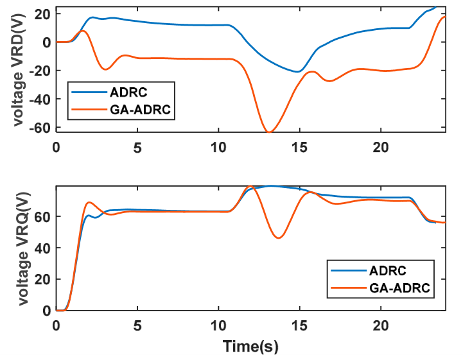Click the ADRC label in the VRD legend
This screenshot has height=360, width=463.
tap(128, 92)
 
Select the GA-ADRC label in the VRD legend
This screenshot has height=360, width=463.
tap(140, 110)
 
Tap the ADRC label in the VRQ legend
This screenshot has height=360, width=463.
tap(388, 271)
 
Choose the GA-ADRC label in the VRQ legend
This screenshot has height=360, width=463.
tap(399, 288)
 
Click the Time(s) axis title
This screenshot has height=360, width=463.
tap(250, 346)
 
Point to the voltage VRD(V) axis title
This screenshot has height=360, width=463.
tap(19, 70)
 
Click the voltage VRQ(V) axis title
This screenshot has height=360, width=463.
tap(24, 249)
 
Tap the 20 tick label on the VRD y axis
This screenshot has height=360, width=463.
tap(43, 14)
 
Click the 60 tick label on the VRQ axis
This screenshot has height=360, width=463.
tap(43, 216)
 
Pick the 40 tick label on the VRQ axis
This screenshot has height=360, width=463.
tap(43, 248)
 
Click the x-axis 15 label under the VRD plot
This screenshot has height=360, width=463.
tap(299, 147)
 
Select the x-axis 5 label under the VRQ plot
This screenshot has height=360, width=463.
tap(137, 326)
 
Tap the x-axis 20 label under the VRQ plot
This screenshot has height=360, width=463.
tap(381, 326)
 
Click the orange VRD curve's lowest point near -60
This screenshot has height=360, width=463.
tap(268, 132)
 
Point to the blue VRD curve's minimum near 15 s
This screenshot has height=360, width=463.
tap(298, 72)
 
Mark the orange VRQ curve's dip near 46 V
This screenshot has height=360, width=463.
tap(279, 238)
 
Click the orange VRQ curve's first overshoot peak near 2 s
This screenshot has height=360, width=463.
tap(89, 202)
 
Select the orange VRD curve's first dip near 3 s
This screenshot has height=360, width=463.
tap(105, 69)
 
